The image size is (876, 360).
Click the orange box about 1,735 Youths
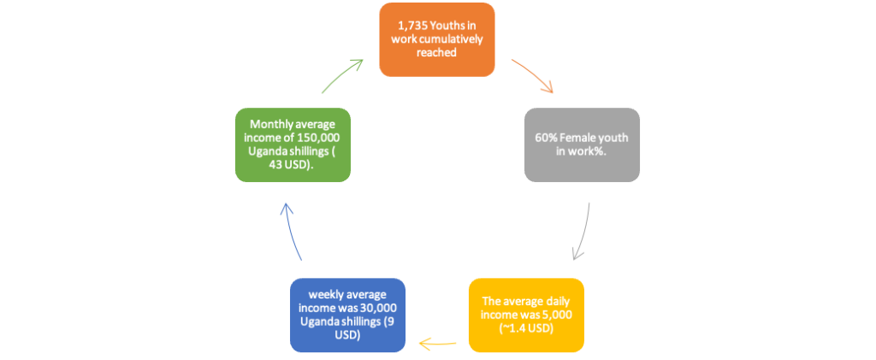pyautogui.click(x=437, y=39)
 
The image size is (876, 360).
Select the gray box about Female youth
pyautogui.click(x=582, y=145)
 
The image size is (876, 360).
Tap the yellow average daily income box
pyautogui.click(x=526, y=316)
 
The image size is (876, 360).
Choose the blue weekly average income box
pyautogui.click(x=347, y=316)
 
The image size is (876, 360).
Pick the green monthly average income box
pyautogui.click(x=293, y=145)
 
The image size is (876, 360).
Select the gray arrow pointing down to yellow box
pyautogui.click(x=583, y=232)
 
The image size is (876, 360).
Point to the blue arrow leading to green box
pyautogui.click(x=291, y=230)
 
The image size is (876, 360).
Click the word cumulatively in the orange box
pyautogui.click(x=450, y=39)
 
